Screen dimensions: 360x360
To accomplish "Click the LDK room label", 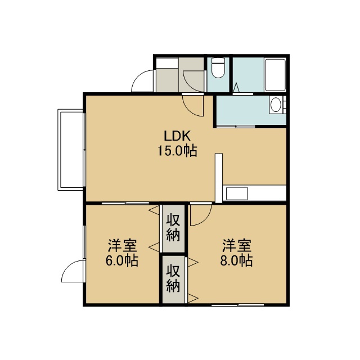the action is click(x=177, y=136).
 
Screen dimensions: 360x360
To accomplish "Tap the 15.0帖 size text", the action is click(x=177, y=151).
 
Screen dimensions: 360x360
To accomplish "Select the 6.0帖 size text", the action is click(x=122, y=260).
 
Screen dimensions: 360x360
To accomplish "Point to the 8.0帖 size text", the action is click(x=236, y=260).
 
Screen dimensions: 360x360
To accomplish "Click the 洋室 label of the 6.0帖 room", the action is click(x=123, y=246).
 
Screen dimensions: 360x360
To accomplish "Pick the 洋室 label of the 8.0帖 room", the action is click(x=237, y=246).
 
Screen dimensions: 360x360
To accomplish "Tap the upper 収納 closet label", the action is click(x=173, y=227).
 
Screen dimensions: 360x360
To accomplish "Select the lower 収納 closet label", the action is click(x=173, y=278).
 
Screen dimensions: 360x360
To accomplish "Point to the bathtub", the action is click(x=275, y=75).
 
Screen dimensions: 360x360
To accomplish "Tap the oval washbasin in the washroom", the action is click(x=276, y=105).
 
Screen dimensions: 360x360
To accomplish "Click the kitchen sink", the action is click(x=237, y=193).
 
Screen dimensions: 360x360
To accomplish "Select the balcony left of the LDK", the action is click(x=70, y=150).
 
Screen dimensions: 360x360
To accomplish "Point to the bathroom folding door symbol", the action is click(x=236, y=88).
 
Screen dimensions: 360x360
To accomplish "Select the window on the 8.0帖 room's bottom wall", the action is click(x=237, y=305).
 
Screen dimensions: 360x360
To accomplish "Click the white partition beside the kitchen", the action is click(x=219, y=178).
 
